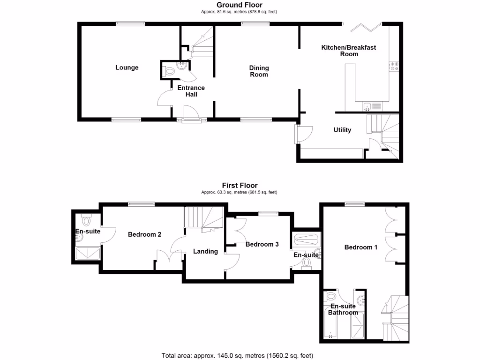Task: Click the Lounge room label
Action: [x=127, y=67]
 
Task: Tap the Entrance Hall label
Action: [x=191, y=91]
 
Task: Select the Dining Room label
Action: [x=259, y=71]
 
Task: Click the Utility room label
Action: [x=342, y=130]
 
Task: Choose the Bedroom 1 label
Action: [x=361, y=247]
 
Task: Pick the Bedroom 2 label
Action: [x=145, y=234]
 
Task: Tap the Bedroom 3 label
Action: [x=262, y=244]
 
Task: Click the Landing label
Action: [x=205, y=251]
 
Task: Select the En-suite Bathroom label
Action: [x=343, y=309]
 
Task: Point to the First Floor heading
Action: [x=240, y=186]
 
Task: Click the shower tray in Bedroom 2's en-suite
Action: [x=88, y=254]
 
